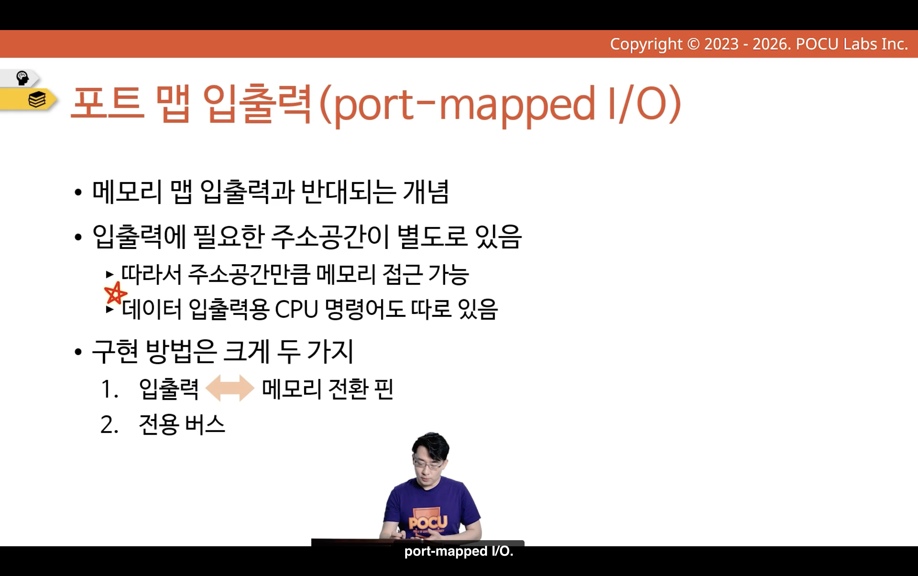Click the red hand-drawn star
coord(115,293)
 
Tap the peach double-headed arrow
coord(230,388)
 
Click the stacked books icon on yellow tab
coord(37,100)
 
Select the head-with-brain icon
coord(22,78)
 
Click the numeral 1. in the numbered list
coord(109,390)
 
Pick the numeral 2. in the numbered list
coord(109,425)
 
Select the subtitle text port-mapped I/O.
coord(459,551)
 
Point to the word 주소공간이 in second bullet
coord(330,237)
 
